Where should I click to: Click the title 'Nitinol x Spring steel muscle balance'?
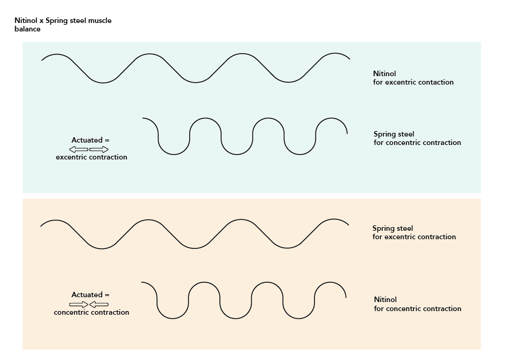[62, 25]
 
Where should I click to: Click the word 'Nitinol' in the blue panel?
[384, 74]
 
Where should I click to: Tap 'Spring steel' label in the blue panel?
[394, 134]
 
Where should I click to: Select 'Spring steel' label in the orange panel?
[393, 228]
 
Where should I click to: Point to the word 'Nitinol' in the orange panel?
[385, 299]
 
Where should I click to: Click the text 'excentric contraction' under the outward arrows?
[91, 157]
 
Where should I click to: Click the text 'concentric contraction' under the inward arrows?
[91, 312]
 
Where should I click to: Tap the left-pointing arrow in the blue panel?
[79, 149]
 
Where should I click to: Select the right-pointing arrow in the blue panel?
[99, 149]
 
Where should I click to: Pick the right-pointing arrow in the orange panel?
[79, 304]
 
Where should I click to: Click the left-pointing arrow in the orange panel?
[99, 304]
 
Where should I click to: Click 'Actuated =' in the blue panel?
[91, 140]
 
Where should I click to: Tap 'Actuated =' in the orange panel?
[91, 295]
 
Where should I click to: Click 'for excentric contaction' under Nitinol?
[413, 82]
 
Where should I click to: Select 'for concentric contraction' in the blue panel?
[417, 143]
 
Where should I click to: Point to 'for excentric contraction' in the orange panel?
[414, 237]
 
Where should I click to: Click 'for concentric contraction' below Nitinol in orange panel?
[417, 309]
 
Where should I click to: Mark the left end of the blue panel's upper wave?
[42, 60]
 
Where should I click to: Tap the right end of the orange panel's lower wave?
[346, 297]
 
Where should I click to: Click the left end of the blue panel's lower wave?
[143, 118]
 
